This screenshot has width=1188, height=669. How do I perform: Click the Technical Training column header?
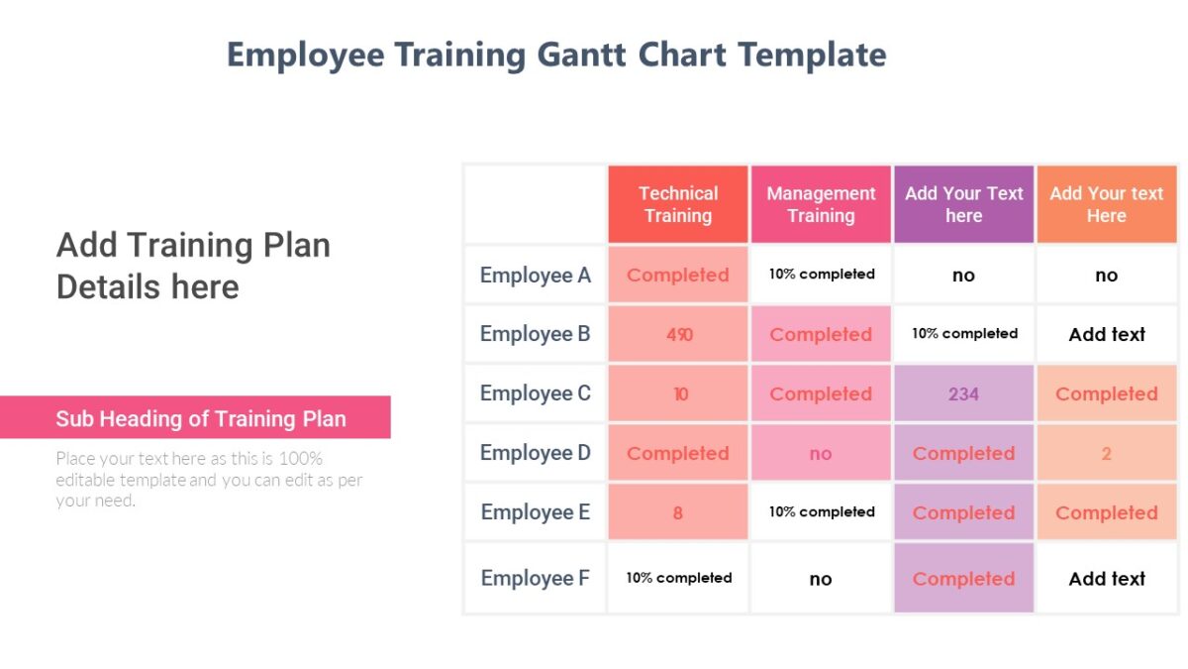[678, 204]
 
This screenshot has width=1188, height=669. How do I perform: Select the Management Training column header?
[821, 204]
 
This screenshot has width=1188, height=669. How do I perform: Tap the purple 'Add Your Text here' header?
[963, 204]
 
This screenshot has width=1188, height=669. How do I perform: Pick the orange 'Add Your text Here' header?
[1106, 204]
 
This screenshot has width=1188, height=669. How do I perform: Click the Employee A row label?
[535, 275]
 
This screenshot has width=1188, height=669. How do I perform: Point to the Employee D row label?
[535, 453]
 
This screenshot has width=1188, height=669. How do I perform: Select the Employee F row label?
[535, 578]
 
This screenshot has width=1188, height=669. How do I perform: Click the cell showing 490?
[678, 334]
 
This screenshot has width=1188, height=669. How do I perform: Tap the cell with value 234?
[963, 393]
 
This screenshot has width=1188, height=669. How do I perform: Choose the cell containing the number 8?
[678, 512]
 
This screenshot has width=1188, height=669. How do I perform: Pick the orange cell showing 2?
[1106, 453]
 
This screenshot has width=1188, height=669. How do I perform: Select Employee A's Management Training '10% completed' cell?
[822, 275]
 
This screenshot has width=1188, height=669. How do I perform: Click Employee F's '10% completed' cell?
[679, 578]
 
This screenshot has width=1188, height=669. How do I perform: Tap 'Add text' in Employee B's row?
[1107, 334]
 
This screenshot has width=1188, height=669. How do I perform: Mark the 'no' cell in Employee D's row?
[821, 453]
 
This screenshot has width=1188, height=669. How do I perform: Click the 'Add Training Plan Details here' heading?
[194, 266]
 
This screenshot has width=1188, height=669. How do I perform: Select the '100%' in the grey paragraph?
[301, 459]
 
